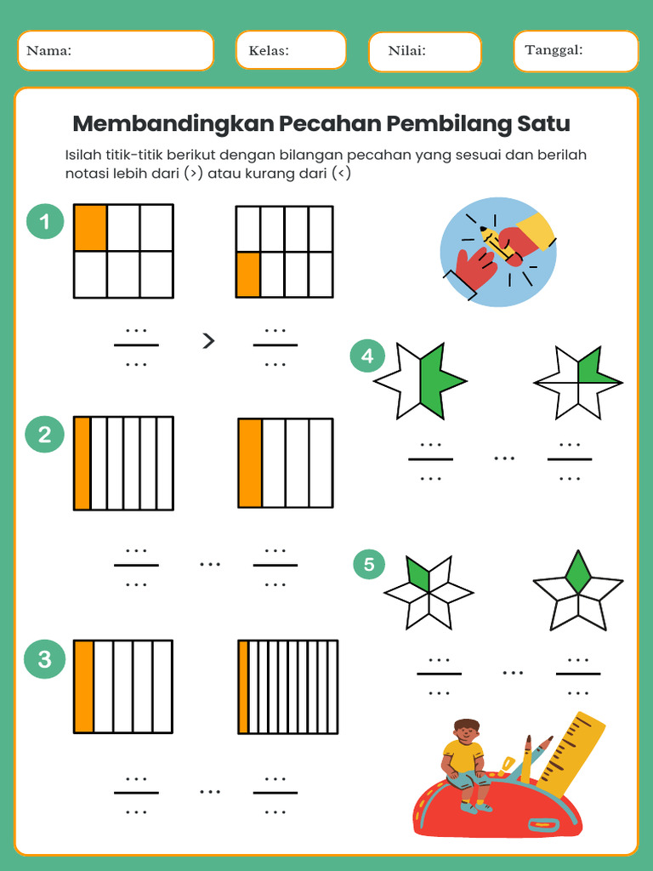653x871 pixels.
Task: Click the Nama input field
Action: [115, 51]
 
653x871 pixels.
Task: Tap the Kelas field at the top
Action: [291, 51]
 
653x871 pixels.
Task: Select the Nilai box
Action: [424, 52]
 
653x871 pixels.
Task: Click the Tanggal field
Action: [576, 51]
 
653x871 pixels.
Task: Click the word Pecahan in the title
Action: [331, 124]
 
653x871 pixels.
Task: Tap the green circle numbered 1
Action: [45, 223]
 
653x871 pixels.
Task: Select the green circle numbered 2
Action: [45, 435]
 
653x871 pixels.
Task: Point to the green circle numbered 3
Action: [45, 659]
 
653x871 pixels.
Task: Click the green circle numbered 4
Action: [367, 356]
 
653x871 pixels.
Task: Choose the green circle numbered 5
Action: [369, 564]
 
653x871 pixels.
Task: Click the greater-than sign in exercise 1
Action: [208, 342]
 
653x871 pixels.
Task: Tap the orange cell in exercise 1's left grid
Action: [90, 228]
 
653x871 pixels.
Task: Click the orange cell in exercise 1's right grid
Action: [247, 274]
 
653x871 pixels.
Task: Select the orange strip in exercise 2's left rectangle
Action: [82, 464]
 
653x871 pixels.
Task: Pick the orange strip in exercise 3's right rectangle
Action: [244, 686]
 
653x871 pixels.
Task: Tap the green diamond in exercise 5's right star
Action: [578, 573]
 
